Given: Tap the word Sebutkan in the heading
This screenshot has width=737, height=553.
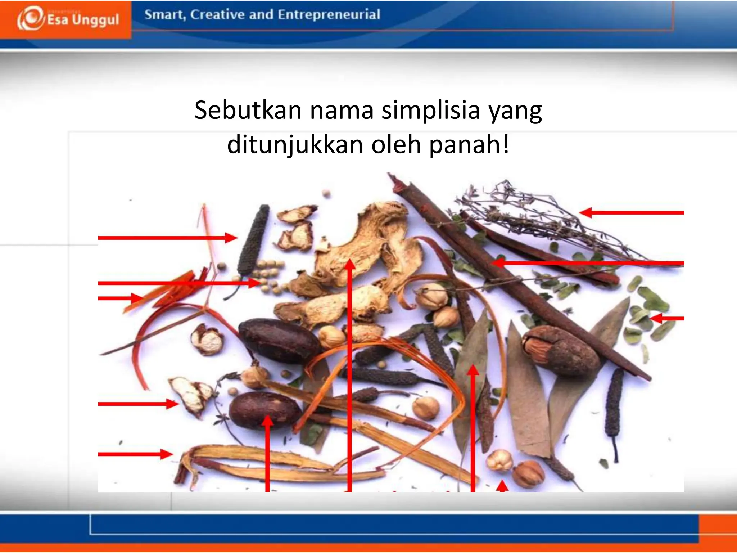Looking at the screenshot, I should pos(248,110).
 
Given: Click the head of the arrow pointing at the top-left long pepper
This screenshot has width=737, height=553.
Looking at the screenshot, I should pos(231,238).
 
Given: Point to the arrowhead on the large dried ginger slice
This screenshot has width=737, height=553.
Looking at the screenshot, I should pos(349,265).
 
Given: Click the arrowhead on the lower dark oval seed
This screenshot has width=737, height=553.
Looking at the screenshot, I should pos(267,421).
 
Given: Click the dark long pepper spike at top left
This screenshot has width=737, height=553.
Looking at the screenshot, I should pos(254,239).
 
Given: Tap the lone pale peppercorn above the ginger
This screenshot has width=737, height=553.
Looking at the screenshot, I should pos(326,193).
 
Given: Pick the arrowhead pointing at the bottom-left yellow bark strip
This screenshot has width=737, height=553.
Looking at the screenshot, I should pos(166,454).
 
